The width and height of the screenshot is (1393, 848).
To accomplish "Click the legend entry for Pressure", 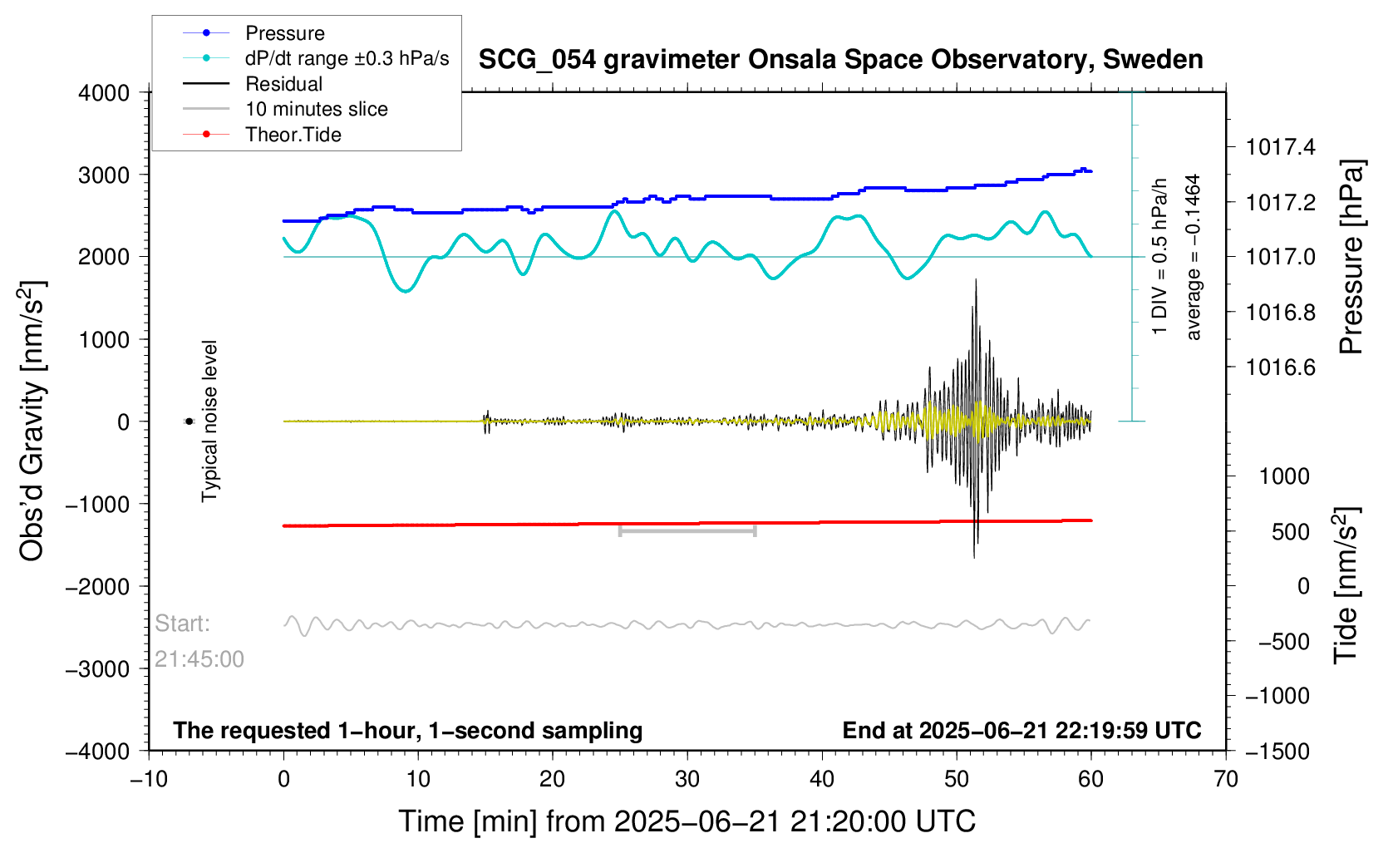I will pyautogui.click(x=284, y=33).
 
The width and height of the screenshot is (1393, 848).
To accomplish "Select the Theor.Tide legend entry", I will pyautogui.click(x=293, y=135).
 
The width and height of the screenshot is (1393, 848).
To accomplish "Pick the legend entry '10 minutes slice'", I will pyautogui.click(x=316, y=109).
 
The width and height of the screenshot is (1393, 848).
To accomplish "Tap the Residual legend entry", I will pyautogui.click(x=283, y=84).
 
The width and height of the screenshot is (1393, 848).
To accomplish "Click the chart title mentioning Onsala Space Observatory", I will pyautogui.click(x=840, y=60).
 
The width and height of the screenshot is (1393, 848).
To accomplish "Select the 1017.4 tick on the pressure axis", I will pyautogui.click(x=1281, y=148).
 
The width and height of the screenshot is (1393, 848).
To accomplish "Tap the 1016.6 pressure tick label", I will pyautogui.click(x=1281, y=367).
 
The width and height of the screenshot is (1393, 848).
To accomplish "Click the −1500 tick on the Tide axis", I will pyautogui.click(x=1277, y=752).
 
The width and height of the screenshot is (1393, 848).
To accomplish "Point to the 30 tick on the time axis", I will pyautogui.click(x=687, y=779).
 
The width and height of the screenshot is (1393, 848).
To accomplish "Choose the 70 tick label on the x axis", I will pyautogui.click(x=1225, y=779).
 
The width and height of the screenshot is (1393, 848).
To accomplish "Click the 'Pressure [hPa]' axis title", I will pyautogui.click(x=1351, y=258).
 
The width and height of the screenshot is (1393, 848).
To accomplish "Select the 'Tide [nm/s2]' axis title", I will pyautogui.click(x=1346, y=586).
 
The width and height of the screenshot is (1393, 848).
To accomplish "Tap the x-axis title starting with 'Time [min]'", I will pyautogui.click(x=687, y=821).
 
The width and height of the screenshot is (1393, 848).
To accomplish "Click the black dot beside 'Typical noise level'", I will pyautogui.click(x=189, y=422).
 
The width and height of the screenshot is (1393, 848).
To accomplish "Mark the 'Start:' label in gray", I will pyautogui.click(x=183, y=624).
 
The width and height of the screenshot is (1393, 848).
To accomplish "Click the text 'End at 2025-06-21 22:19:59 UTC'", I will pyautogui.click(x=1021, y=731).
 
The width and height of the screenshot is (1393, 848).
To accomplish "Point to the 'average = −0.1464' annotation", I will pyautogui.click(x=1194, y=258).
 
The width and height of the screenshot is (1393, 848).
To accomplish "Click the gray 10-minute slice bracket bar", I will pyautogui.click(x=687, y=530).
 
